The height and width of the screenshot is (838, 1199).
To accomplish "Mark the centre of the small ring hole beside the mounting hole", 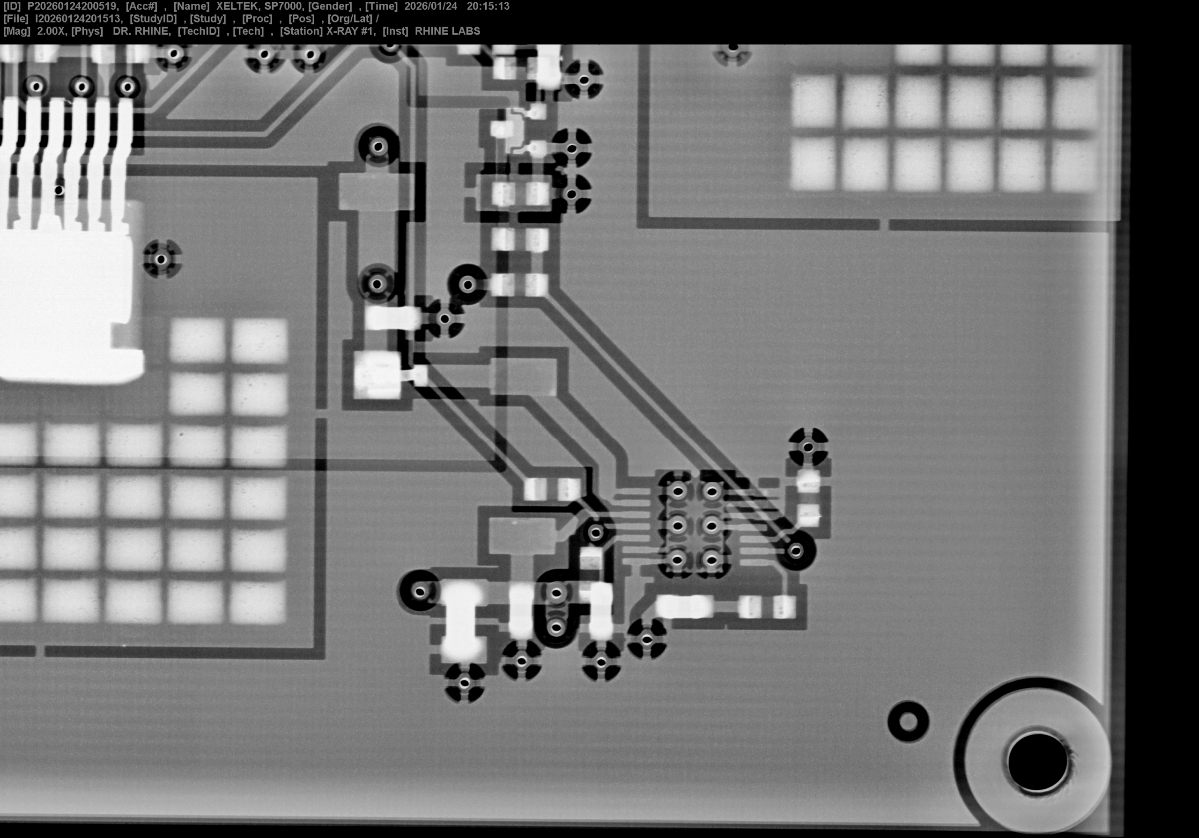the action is (x=908, y=721).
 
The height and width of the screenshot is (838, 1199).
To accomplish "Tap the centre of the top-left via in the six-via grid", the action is (x=678, y=491).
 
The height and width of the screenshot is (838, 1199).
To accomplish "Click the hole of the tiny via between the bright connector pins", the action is (x=59, y=190).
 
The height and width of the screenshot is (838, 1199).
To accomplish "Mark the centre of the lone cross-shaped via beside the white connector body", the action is (x=162, y=259).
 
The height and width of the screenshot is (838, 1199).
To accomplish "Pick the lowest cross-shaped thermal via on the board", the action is (x=464, y=683).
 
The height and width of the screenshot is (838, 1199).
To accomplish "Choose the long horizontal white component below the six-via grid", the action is (x=684, y=607).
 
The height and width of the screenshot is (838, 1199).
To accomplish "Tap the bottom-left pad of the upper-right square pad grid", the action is (x=813, y=164).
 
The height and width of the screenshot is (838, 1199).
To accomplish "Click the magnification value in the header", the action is (x=52, y=31).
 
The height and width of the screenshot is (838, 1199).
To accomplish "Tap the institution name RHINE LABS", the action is (x=448, y=31).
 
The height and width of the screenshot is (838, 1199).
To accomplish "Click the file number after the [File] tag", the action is (x=78, y=19).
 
